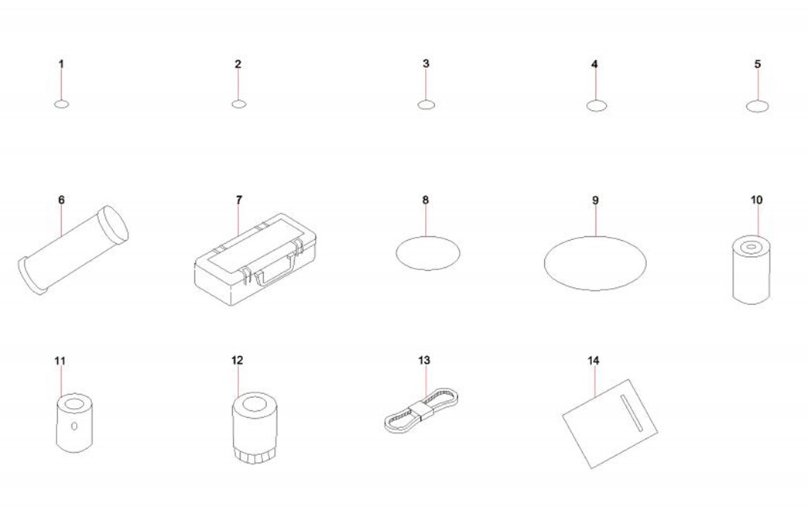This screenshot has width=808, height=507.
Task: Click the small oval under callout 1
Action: pyautogui.click(x=61, y=104)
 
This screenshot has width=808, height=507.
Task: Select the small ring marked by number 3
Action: pyautogui.click(x=426, y=105)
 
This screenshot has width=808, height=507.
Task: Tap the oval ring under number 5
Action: pyautogui.click(x=757, y=106)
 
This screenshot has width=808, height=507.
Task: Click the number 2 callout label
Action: pyautogui.click(x=238, y=64)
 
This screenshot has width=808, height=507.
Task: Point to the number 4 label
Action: pyautogui.click(x=594, y=64)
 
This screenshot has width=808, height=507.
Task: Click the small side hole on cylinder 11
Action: pyautogui.click(x=75, y=426)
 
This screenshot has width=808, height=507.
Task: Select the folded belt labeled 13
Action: pyautogui.click(x=422, y=409)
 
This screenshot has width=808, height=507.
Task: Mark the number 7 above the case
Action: pyautogui.click(x=238, y=200)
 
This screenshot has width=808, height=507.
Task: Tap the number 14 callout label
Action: pyautogui.click(x=593, y=360)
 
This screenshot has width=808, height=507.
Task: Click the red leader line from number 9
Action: pyautogui.click(x=595, y=221)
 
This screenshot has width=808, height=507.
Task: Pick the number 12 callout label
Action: pyautogui.click(x=237, y=360)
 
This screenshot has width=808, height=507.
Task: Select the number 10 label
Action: pyautogui.click(x=756, y=200)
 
